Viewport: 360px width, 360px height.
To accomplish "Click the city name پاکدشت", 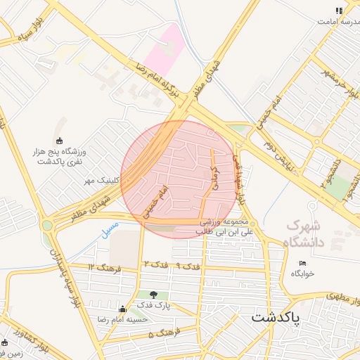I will pyautogui.click(x=275, y=317).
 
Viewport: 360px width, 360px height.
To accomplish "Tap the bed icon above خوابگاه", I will pyautogui.click(x=302, y=263).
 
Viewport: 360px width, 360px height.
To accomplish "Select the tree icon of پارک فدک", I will pyautogui.click(x=154, y=294).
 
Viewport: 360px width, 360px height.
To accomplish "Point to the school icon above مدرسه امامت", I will pyautogui.click(x=338, y=11).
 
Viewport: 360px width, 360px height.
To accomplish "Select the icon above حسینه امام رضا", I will pyautogui.click(x=123, y=309).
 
